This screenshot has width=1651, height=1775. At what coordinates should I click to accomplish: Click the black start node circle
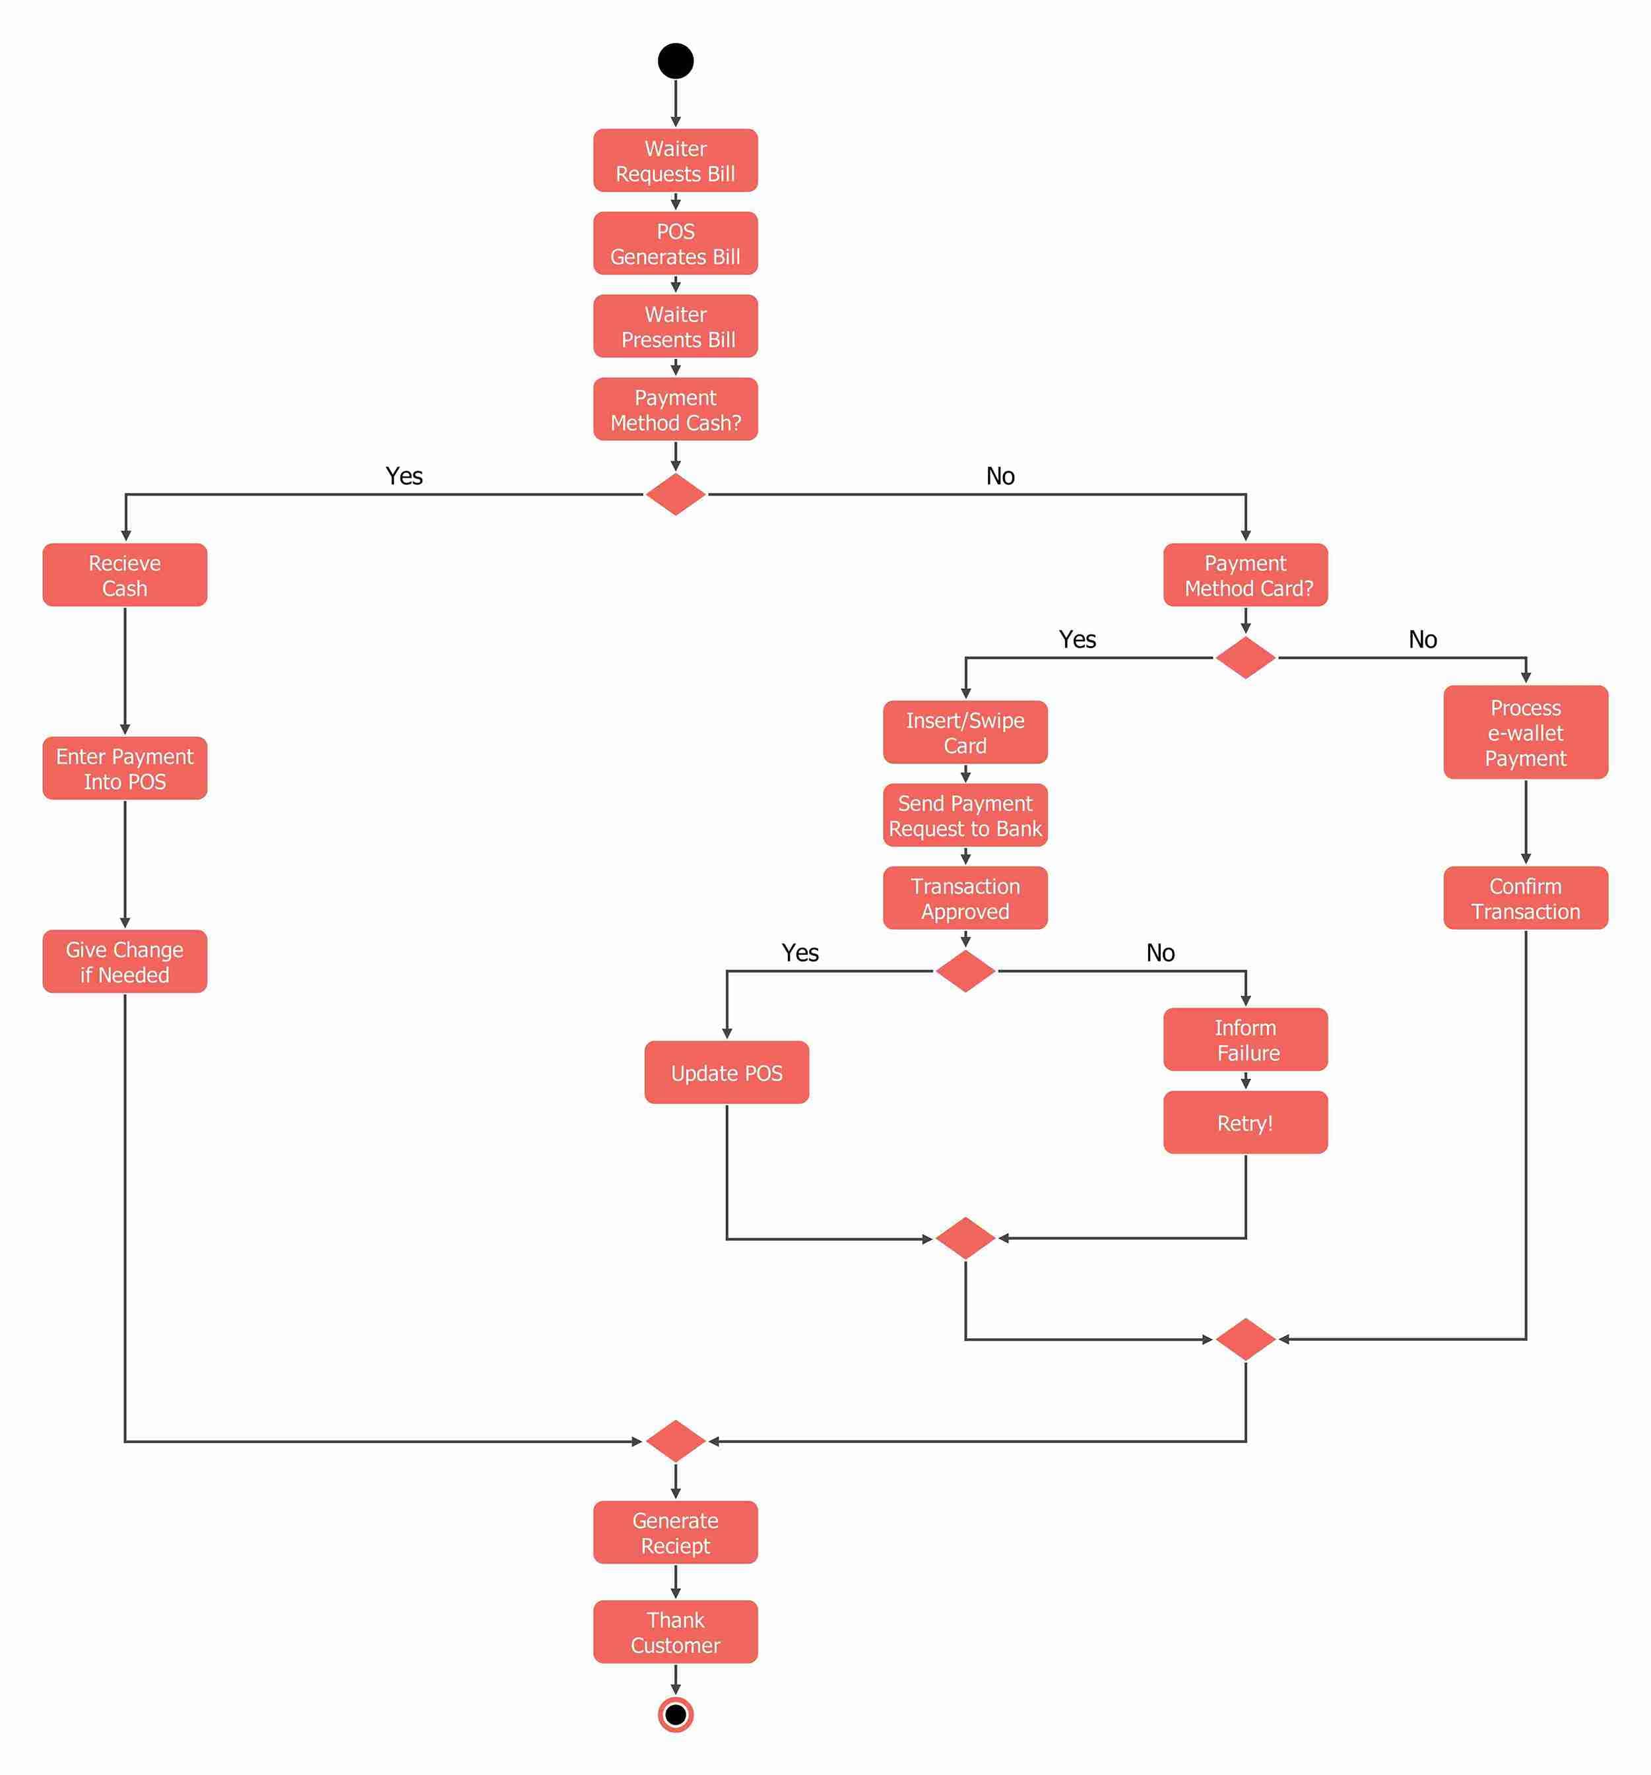pyautogui.click(x=675, y=61)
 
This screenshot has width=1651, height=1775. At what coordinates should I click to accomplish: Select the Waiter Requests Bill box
pyautogui.click(x=675, y=161)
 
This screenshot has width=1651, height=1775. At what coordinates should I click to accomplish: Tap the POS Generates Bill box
pyautogui.click(x=675, y=243)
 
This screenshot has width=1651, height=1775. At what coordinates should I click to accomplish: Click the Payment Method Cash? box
pyautogui.click(x=675, y=410)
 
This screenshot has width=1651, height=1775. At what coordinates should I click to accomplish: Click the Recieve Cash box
pyautogui.click(x=125, y=575)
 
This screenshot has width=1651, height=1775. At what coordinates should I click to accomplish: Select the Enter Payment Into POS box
pyautogui.click(x=125, y=768)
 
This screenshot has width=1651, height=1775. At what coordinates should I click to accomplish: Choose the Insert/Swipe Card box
pyautogui.click(x=965, y=732)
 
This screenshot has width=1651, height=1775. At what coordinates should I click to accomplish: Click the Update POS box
pyautogui.click(x=727, y=1072)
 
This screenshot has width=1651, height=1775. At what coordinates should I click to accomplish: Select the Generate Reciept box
pyautogui.click(x=675, y=1532)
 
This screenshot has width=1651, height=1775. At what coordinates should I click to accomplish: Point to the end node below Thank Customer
pyautogui.click(x=675, y=1714)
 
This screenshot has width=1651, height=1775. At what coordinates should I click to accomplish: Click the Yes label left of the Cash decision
pyautogui.click(x=404, y=476)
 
